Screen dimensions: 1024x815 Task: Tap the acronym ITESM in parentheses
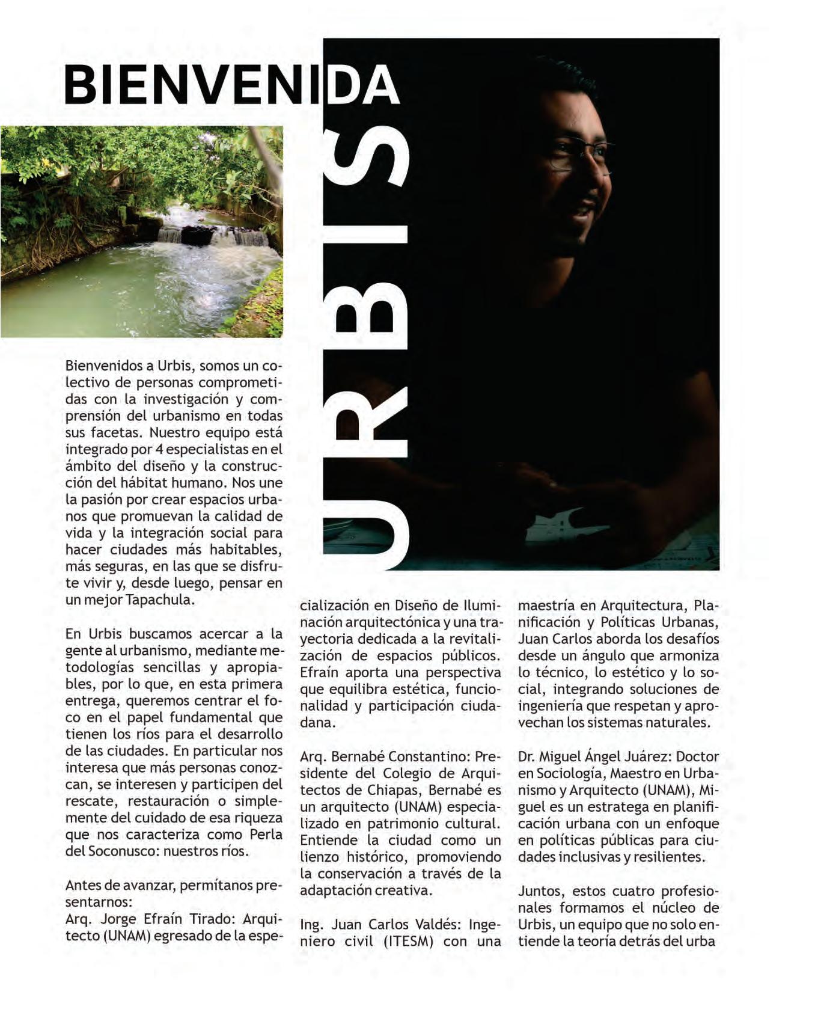coord(409,941)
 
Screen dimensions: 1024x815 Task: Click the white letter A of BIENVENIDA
coord(379,85)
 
